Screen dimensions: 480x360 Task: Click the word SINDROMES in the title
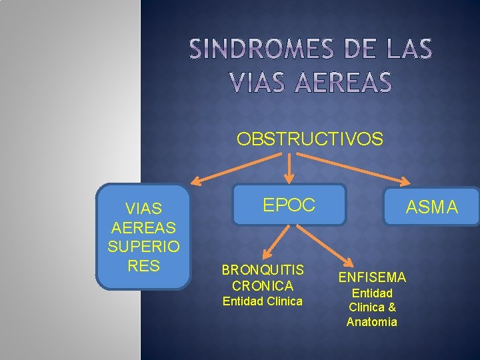pyautogui.click(x=260, y=49)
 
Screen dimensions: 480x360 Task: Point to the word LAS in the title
pyautogui.click(x=406, y=49)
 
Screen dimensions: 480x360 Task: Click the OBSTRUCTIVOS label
pyautogui.click(x=310, y=139)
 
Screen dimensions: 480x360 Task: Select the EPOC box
pyautogui.click(x=289, y=205)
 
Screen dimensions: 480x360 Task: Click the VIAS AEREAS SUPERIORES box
pyautogui.click(x=143, y=237)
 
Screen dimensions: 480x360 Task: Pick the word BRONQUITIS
pyautogui.click(x=263, y=270)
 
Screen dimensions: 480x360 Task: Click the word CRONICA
pyautogui.click(x=263, y=285)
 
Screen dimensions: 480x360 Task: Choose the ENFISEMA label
pyautogui.click(x=372, y=277)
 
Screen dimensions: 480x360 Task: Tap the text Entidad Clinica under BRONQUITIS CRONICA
pyautogui.click(x=263, y=301)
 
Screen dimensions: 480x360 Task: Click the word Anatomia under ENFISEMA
pyautogui.click(x=372, y=322)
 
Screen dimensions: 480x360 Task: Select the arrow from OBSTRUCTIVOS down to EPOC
pyautogui.click(x=289, y=167)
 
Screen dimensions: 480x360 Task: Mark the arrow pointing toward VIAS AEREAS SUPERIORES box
pyautogui.click(x=233, y=167)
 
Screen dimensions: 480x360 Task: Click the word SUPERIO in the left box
pyautogui.click(x=143, y=246)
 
